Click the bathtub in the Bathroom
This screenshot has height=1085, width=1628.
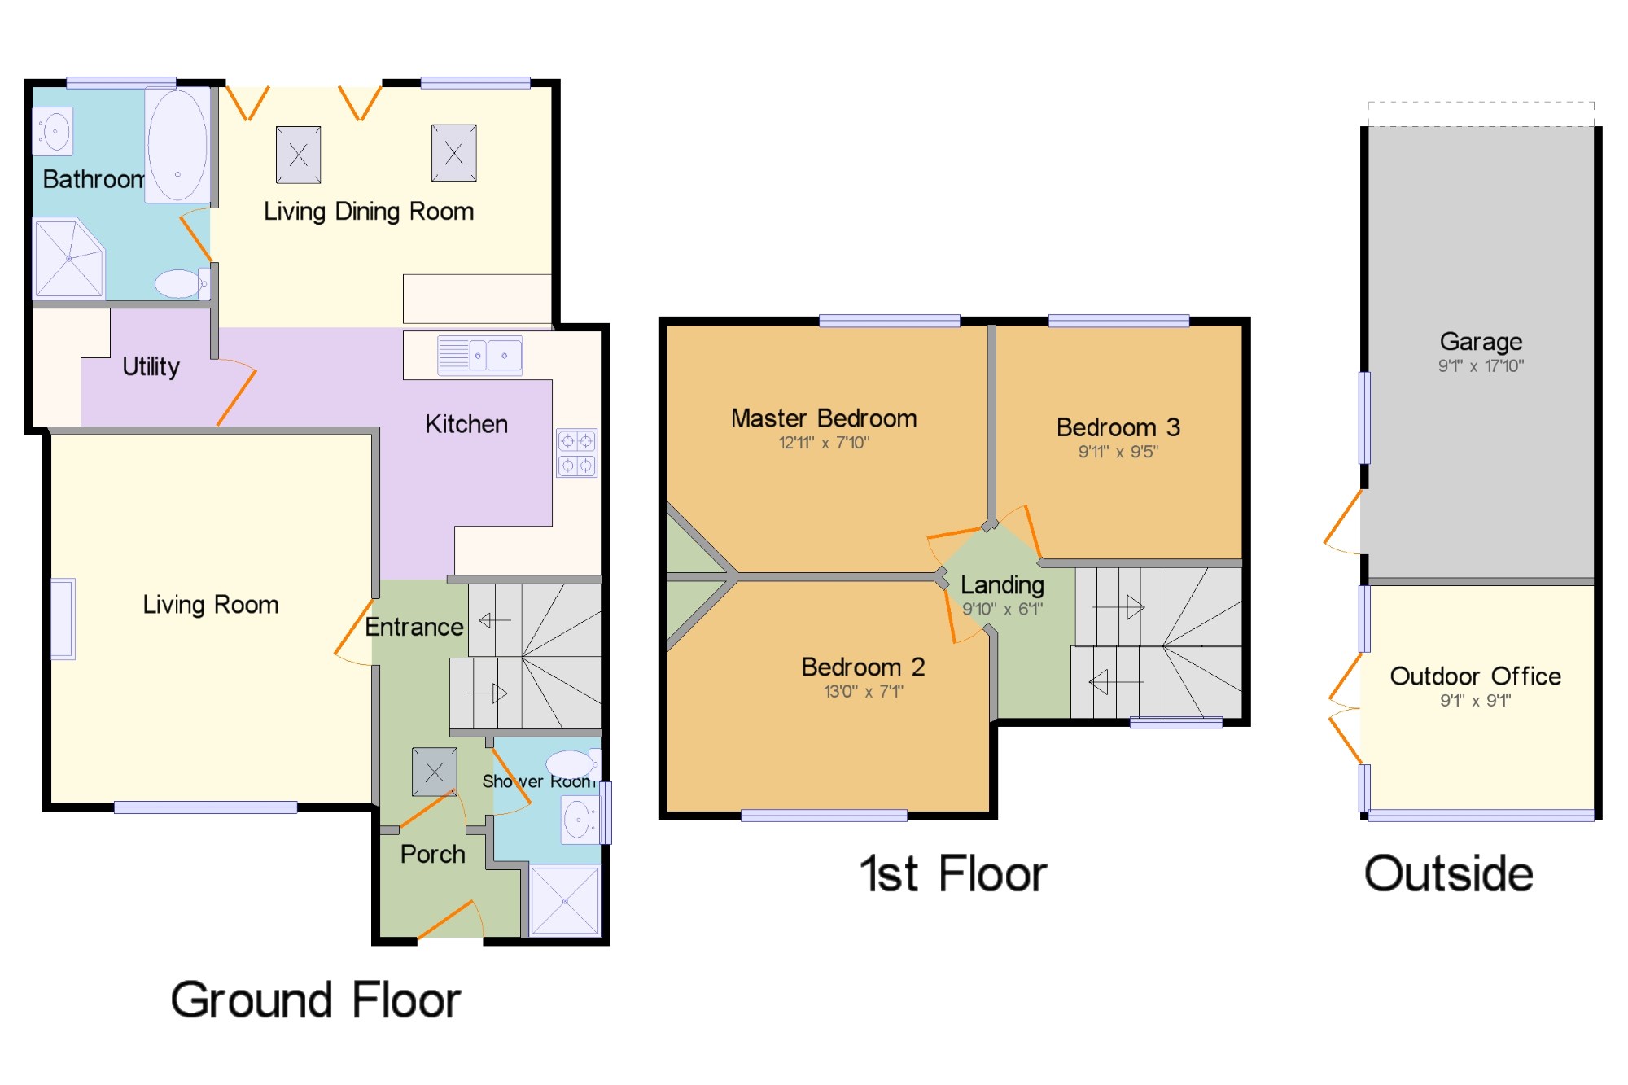coord(177,145)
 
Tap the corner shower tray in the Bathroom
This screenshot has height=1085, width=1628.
coord(69,258)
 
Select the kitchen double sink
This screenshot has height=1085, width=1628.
coord(479,355)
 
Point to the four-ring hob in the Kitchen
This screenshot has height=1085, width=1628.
coord(576,453)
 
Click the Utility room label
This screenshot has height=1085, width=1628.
coord(151,366)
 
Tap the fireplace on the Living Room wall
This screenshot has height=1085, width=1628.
coord(63,619)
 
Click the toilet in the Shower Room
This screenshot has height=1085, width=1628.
coord(573,764)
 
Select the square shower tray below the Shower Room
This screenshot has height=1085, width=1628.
coord(565,900)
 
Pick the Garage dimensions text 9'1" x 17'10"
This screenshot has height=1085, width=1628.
coord(1481,366)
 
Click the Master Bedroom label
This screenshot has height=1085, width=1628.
coord(824,418)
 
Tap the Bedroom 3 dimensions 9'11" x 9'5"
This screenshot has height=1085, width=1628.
coord(1118,452)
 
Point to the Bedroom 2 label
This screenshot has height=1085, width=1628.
coord(863,667)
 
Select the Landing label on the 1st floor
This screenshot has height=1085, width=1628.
coord(1002,584)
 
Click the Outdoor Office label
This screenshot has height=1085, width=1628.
coord(1475,676)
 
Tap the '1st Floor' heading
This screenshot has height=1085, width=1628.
coord(953,874)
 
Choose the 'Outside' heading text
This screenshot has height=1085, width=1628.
coord(1449,874)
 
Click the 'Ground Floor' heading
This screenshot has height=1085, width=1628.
coord(316,1000)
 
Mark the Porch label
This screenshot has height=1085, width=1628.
coord(432,855)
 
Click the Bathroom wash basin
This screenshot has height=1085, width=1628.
coord(53,130)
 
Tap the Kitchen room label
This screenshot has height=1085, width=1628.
coord(466,424)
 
